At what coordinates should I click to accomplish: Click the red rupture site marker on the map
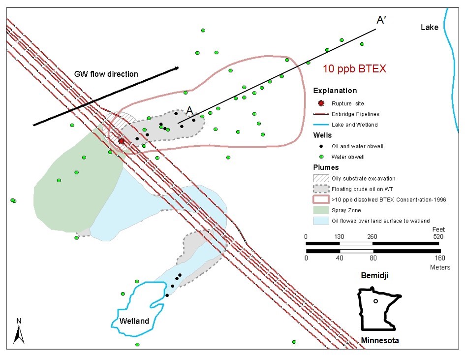pos(121,141)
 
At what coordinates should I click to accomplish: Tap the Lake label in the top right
pos(430,28)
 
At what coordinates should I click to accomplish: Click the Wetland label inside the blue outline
pos(134,321)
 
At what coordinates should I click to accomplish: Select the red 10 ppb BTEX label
pos(355,69)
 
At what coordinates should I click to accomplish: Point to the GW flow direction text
pos(106,74)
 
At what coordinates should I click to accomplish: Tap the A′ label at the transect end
pos(381,20)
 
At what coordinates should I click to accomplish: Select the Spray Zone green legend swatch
pos(321,210)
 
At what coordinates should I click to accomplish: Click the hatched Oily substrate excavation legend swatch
pos(321,178)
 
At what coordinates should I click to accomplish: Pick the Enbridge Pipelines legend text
pos(355,114)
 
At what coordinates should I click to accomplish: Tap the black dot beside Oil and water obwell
pos(321,146)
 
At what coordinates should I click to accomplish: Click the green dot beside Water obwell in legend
pos(321,157)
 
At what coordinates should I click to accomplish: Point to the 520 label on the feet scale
pos(438,237)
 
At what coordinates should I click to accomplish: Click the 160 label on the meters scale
pos(440,258)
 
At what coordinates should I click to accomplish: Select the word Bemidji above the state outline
pos(375,275)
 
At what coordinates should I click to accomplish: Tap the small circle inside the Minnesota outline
pos(375,301)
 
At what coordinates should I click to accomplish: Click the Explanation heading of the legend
pos(335,91)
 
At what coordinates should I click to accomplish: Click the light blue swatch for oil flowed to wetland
pos(321,221)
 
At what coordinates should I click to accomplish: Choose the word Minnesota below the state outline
pos(380,340)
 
